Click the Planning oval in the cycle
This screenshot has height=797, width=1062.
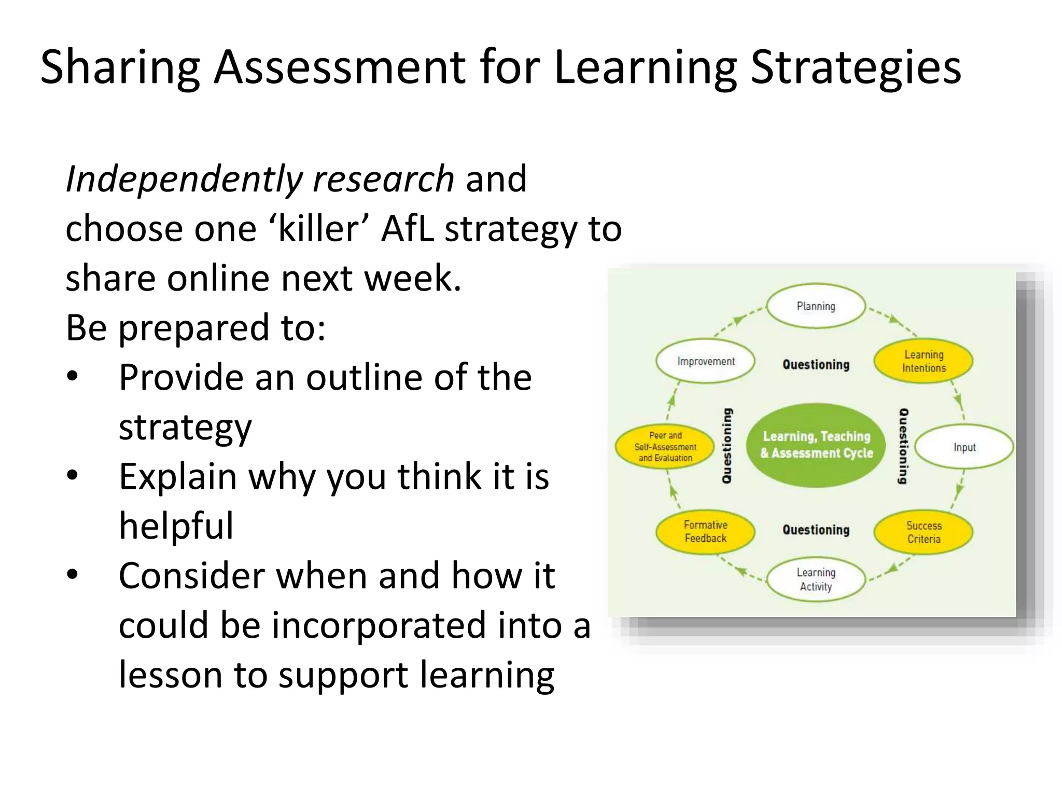pos(816,306)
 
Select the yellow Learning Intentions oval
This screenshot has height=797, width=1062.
pos(924,361)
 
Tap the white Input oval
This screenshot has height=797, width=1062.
pos(964,447)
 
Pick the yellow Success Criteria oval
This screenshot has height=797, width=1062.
pos(924,532)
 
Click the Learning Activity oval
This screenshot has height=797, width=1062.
pos(816,579)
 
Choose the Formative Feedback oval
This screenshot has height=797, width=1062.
pos(705,531)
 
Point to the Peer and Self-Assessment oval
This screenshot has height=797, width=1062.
pos(665,447)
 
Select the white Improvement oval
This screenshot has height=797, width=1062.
pos(706,361)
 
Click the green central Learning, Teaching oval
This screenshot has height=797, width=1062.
pos(816,445)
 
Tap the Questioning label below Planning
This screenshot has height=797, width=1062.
pos(816,365)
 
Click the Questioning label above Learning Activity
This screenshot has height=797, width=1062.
pos(816,530)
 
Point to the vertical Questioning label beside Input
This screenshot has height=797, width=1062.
pos(903,446)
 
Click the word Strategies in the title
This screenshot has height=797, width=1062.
pos(856,67)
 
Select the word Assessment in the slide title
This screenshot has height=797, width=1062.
pos(340,67)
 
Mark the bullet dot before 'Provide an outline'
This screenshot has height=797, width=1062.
pos(73,377)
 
